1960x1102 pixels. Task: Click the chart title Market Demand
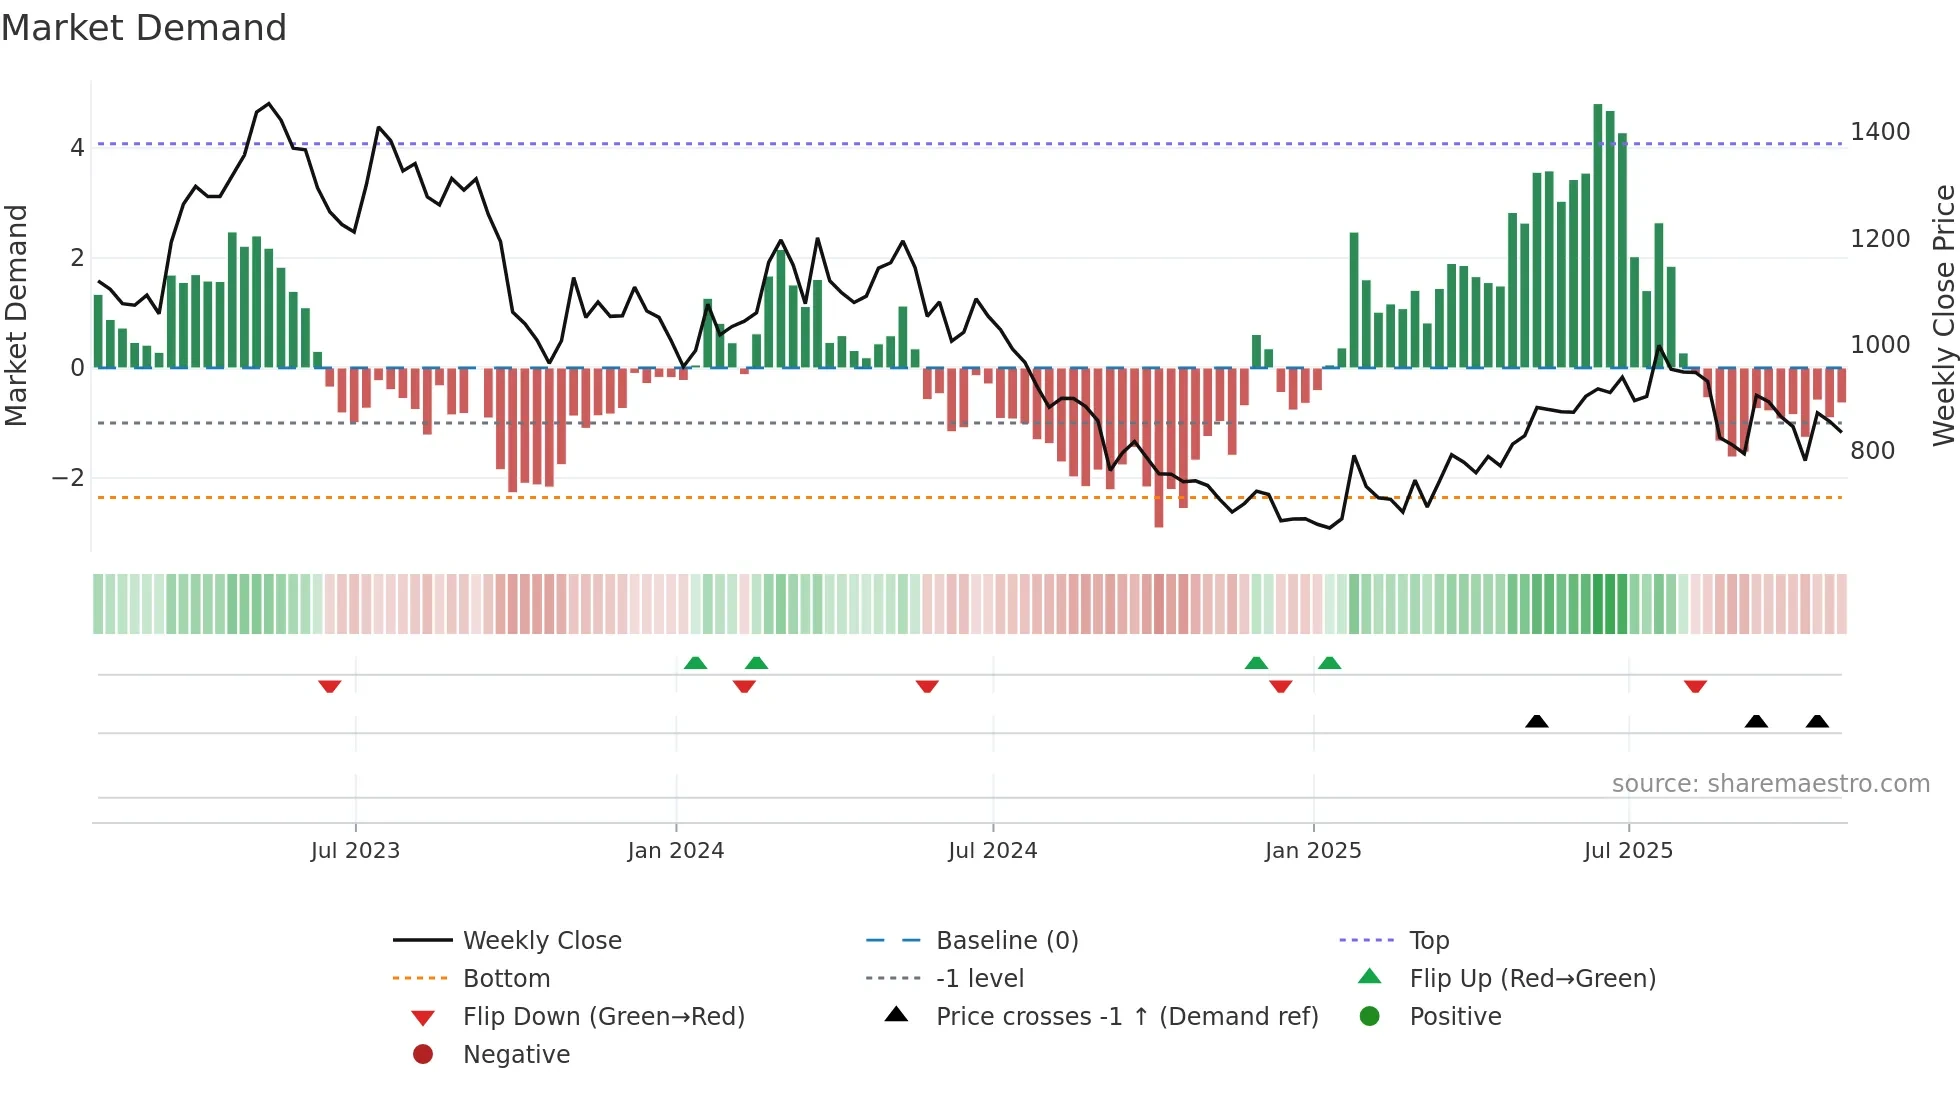coord(144,28)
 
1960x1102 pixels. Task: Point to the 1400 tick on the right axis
coord(1879,132)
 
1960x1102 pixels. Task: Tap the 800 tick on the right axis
coord(1872,451)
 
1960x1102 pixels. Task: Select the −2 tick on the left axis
coord(68,478)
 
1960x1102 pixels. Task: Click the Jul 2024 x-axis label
coord(992,851)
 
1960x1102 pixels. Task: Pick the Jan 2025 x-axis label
coord(1312,851)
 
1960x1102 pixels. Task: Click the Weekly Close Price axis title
coord(1943,315)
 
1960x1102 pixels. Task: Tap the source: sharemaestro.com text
coord(1770,784)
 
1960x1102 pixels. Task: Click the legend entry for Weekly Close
coord(541,941)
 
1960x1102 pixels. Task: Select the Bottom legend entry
coord(506,979)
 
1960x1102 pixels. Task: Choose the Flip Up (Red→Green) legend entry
coord(1532,979)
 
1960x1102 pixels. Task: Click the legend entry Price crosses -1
coord(1126,1017)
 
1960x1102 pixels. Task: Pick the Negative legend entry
coord(516,1055)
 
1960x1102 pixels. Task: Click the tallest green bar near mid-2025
coord(1598,235)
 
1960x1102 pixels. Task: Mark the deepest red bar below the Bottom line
coord(1158,448)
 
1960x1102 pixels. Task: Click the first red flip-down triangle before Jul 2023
coord(330,686)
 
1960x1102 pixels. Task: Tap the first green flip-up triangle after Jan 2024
coord(695,663)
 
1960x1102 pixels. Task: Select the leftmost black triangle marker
coord(1537,721)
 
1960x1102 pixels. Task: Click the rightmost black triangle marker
coord(1817,721)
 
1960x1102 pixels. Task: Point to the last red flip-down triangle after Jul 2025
coord(1695,686)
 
